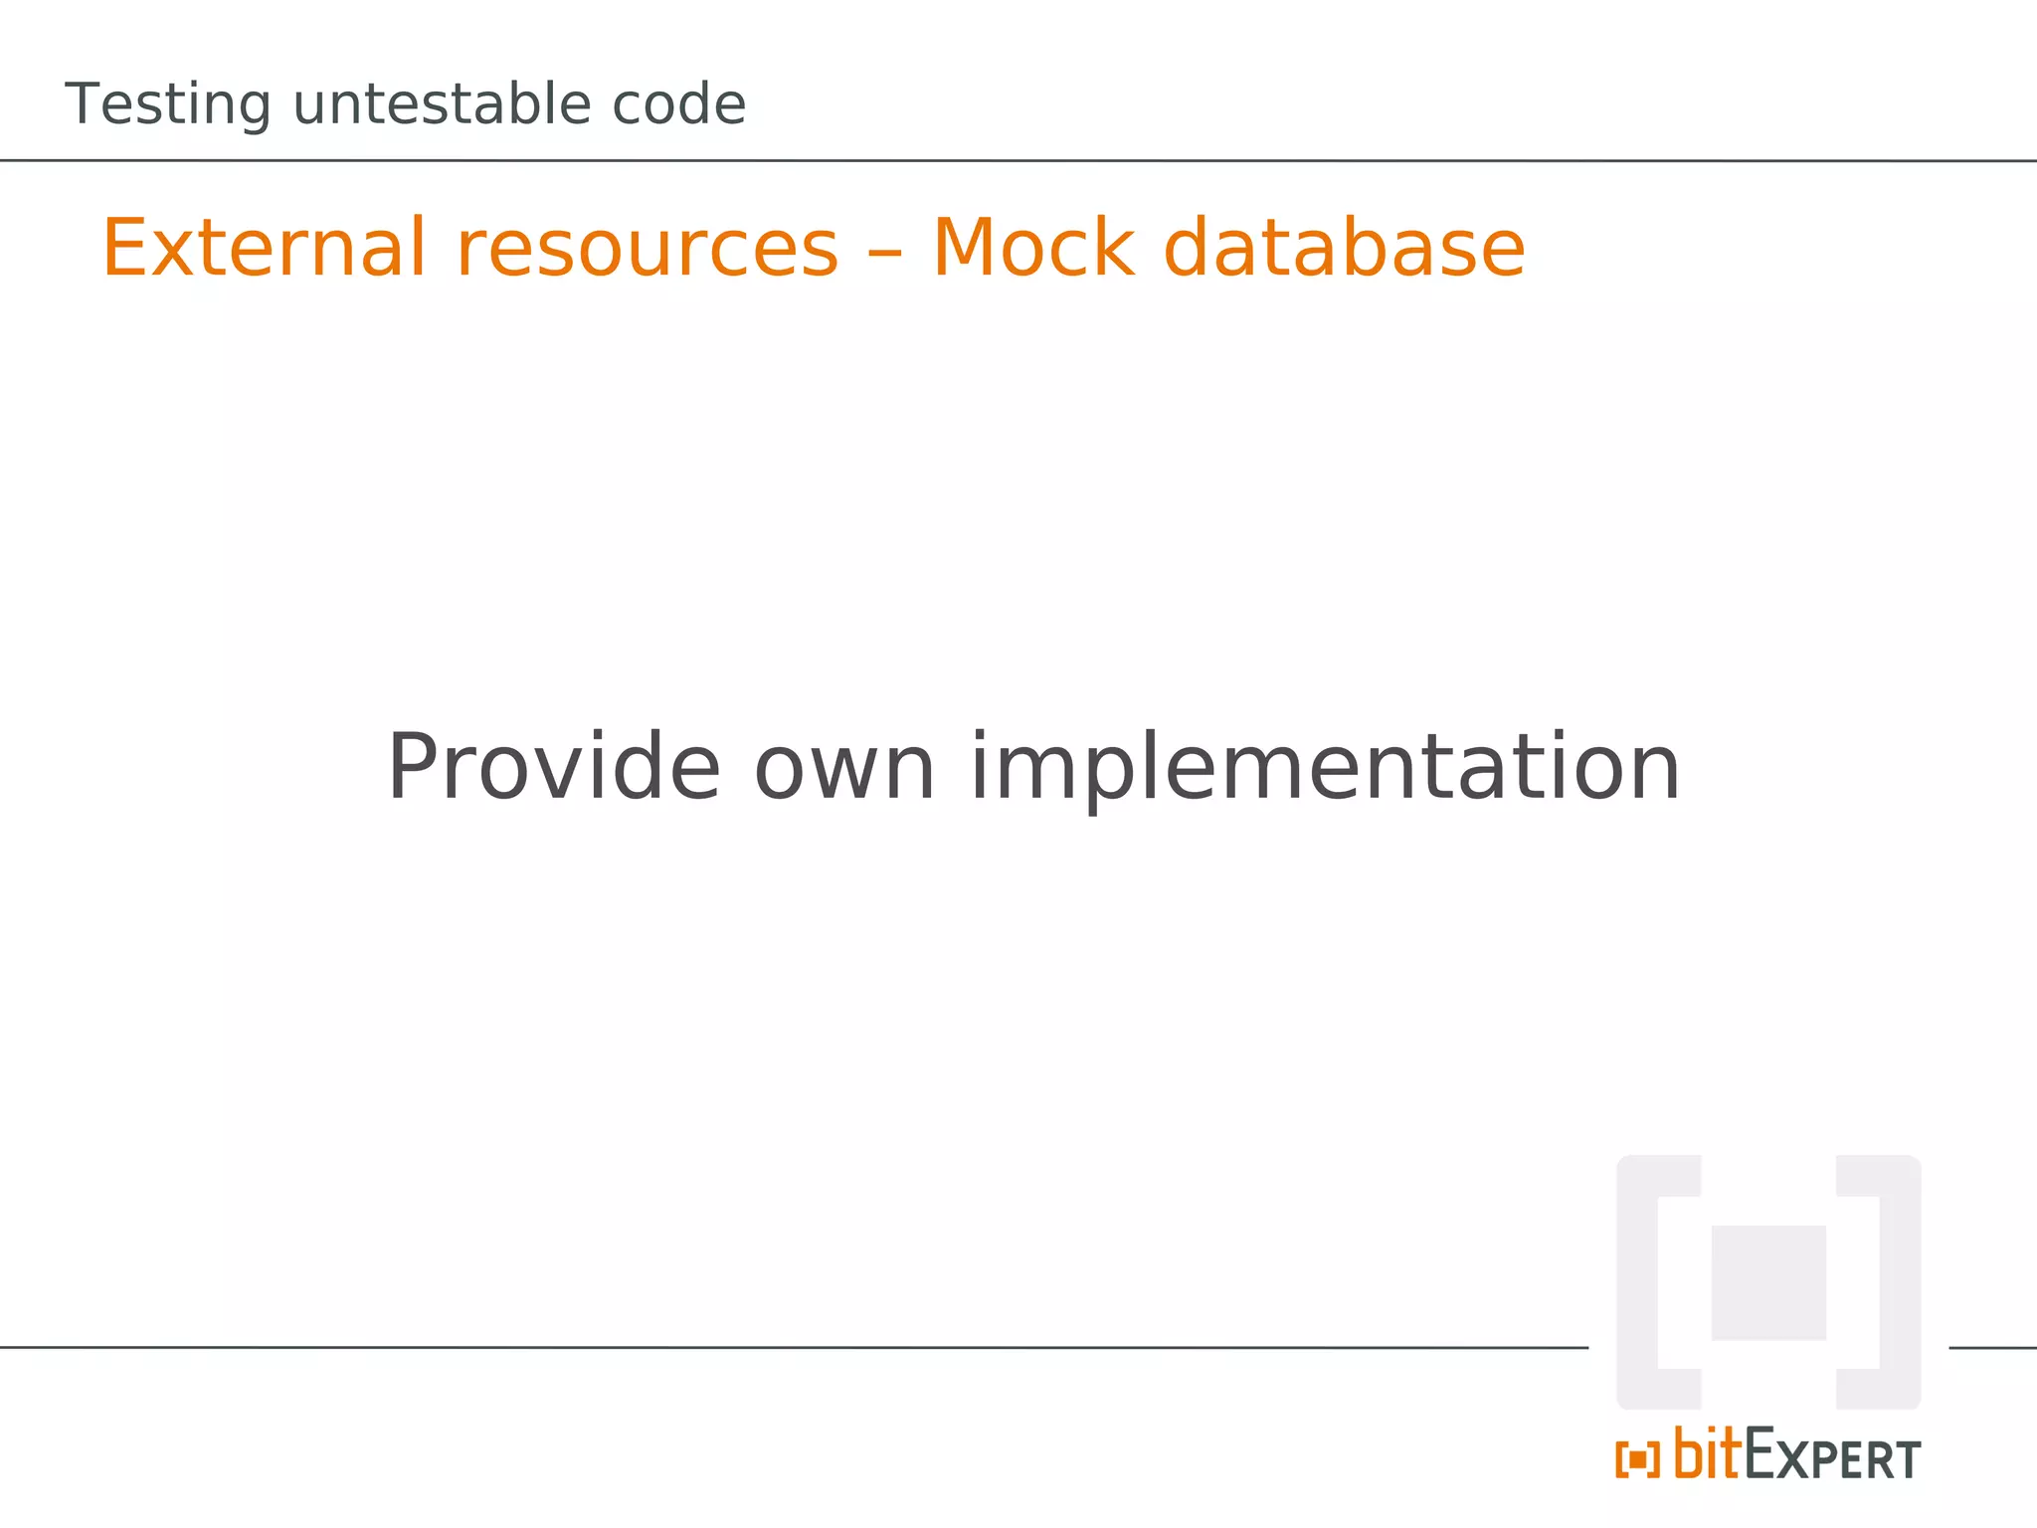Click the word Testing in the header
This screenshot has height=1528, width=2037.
(x=167, y=105)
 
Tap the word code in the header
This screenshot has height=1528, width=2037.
(x=678, y=103)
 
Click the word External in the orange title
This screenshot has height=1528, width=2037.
(x=265, y=249)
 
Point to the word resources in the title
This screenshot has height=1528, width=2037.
(x=647, y=249)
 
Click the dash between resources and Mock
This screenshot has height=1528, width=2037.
(x=885, y=251)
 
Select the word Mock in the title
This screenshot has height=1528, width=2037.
(x=1032, y=249)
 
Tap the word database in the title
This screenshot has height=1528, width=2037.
(x=1344, y=249)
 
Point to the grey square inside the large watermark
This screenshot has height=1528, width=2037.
(x=1768, y=1282)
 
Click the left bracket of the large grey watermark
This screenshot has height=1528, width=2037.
(x=1641, y=1282)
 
